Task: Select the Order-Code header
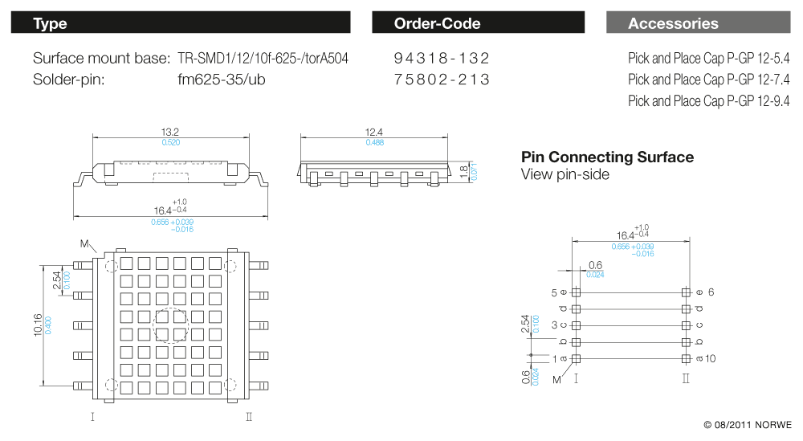click(x=478, y=23)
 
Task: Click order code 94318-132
click(x=442, y=59)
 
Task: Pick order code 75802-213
click(x=442, y=80)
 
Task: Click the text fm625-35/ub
click(x=222, y=80)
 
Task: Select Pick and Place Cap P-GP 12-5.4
click(x=708, y=59)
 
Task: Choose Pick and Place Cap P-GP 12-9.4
click(x=708, y=100)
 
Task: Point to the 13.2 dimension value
click(x=170, y=133)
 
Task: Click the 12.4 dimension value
click(x=374, y=133)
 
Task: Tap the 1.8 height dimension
click(x=463, y=171)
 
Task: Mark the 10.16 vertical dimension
click(x=38, y=325)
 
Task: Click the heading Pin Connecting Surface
click(x=607, y=157)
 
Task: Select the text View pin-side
click(x=565, y=174)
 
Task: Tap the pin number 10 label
click(x=711, y=358)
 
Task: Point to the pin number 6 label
click(x=711, y=292)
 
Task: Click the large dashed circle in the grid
click(x=171, y=325)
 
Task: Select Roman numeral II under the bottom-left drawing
click(x=248, y=416)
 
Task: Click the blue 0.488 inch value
click(x=374, y=142)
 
